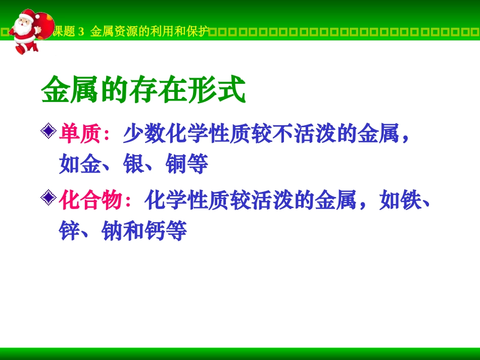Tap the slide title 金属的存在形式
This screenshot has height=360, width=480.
coord(143,91)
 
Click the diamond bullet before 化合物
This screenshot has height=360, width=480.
coord(48,198)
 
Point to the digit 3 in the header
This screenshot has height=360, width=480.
coord(81,32)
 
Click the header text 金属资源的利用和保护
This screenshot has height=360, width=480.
coord(149,32)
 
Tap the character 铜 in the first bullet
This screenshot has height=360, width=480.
coord(176,165)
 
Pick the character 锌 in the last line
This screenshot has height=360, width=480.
coord(70,231)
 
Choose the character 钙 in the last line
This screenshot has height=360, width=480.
coord(155,231)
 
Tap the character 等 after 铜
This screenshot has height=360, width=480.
coord(198,165)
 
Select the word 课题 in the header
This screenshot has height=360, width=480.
coord(64,32)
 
